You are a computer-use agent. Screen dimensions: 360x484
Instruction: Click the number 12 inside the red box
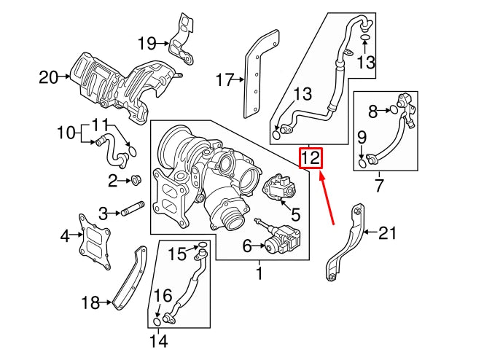(x=311, y=157)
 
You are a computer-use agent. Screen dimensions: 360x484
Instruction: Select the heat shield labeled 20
(x=120, y=84)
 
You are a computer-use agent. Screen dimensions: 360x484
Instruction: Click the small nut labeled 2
(x=135, y=180)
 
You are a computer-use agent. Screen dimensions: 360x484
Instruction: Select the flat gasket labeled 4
(x=94, y=238)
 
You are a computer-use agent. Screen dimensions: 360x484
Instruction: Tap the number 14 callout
(x=157, y=340)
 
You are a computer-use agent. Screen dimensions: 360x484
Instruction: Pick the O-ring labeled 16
(x=157, y=321)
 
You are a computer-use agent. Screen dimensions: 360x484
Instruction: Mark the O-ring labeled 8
(x=394, y=111)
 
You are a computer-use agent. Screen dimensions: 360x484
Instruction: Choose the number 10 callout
(x=66, y=133)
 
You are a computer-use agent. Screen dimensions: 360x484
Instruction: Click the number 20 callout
(x=48, y=75)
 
